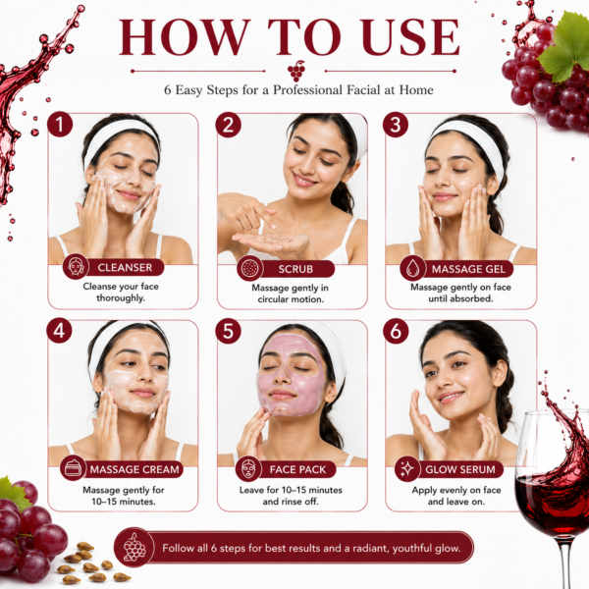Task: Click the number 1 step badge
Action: (x=60, y=125)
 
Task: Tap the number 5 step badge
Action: (x=228, y=332)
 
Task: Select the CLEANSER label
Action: (x=125, y=267)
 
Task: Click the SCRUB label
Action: (x=295, y=269)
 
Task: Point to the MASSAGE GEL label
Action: (x=468, y=269)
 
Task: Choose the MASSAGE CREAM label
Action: (x=134, y=469)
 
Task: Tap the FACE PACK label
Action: (x=297, y=469)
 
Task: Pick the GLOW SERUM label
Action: (x=459, y=469)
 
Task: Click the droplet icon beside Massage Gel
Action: (x=413, y=268)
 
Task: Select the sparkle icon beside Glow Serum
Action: (x=407, y=469)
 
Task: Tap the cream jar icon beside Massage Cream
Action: (x=73, y=468)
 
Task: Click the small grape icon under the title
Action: (x=295, y=71)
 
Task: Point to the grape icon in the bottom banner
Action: (x=134, y=548)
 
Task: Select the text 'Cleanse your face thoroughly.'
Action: (x=121, y=293)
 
